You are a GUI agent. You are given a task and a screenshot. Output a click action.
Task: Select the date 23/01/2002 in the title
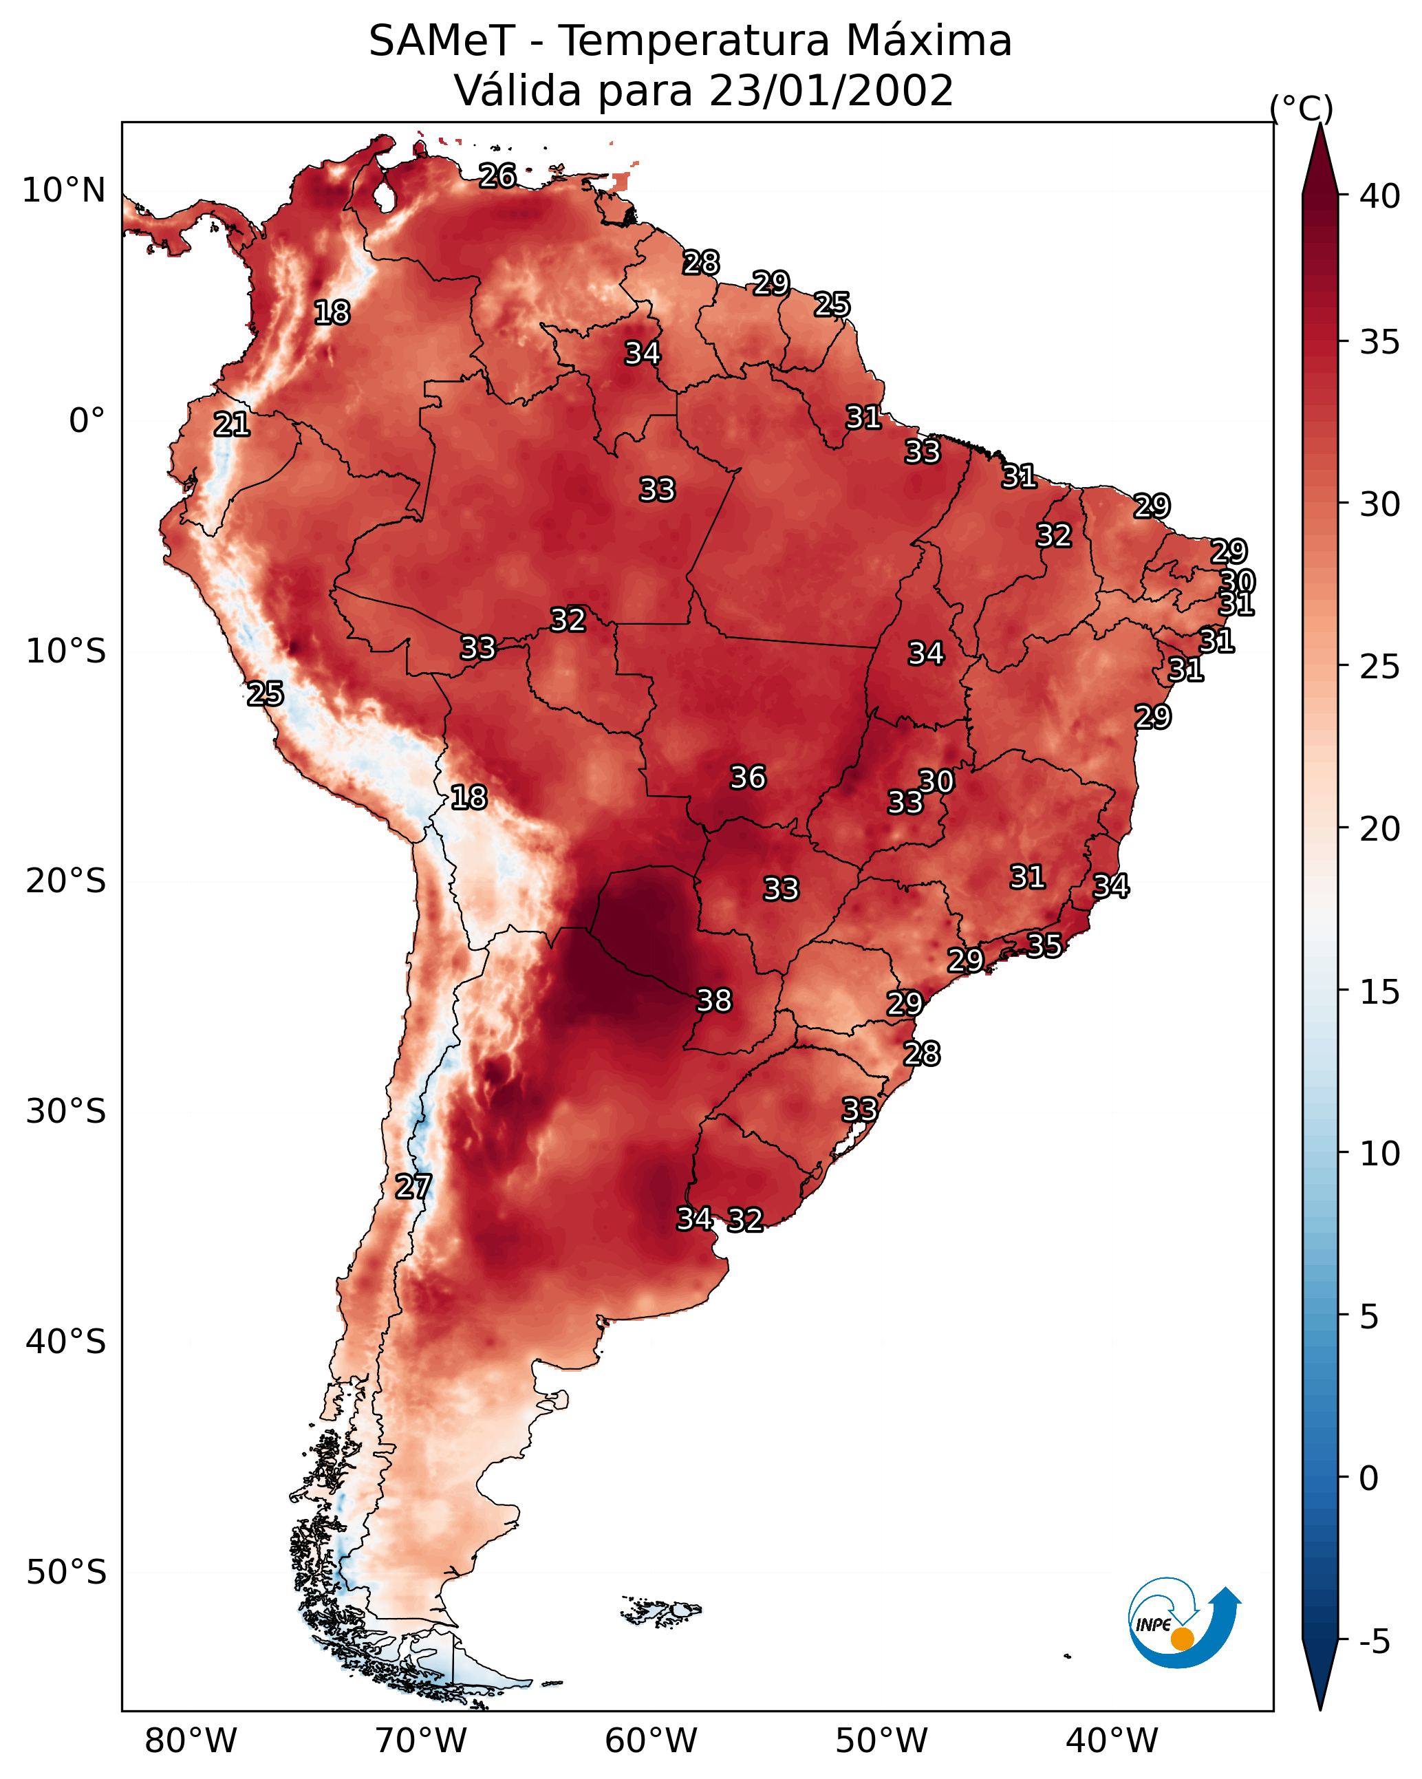pos(831,91)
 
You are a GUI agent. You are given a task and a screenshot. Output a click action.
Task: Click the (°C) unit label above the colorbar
pos(1302,108)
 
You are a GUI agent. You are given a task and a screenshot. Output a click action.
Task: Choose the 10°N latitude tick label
pos(63,191)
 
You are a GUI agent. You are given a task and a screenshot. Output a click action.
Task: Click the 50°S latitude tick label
pos(66,1573)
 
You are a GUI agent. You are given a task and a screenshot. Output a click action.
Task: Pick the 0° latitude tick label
pos(87,421)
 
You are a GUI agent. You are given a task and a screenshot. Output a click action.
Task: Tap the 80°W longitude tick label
pos(191,1741)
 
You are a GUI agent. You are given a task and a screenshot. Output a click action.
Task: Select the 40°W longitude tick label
pos(1112,1741)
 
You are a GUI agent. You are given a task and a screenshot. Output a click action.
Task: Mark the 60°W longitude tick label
pos(651,1741)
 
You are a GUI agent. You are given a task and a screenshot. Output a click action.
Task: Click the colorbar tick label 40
pos(1380,196)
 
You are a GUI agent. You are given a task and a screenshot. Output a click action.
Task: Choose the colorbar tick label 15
pos(1380,993)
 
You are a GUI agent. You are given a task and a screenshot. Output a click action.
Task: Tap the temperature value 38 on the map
pos(714,1001)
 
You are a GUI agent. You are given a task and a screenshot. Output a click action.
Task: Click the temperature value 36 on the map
pos(748,777)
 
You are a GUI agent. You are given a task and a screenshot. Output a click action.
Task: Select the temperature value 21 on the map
pos(232,425)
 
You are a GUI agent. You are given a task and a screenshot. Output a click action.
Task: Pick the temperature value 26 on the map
pos(497,175)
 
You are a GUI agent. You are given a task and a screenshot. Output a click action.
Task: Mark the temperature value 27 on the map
pos(413,1187)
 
